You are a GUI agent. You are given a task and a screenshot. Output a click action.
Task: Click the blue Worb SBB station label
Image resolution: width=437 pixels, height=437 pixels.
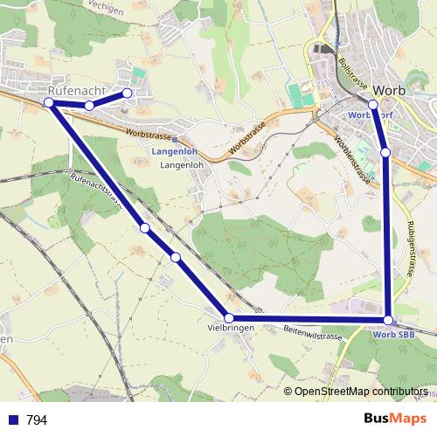[393, 334]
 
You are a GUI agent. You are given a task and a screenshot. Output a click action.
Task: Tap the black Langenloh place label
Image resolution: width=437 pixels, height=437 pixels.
[181, 164]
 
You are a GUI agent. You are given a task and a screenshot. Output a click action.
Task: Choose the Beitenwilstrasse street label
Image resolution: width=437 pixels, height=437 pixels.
[312, 332]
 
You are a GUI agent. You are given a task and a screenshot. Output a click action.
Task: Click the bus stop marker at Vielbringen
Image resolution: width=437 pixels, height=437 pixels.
[229, 318]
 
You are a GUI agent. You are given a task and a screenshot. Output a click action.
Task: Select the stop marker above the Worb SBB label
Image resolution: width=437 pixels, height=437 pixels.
[388, 320]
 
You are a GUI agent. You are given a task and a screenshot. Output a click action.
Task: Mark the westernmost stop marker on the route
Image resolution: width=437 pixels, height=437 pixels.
[50, 103]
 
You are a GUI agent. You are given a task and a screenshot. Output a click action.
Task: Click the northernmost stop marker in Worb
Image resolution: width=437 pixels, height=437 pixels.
[373, 105]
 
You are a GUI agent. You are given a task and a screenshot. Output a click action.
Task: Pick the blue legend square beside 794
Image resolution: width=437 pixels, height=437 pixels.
[13, 420]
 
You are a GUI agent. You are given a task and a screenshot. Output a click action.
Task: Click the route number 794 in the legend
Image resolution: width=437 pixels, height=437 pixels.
[37, 420]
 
